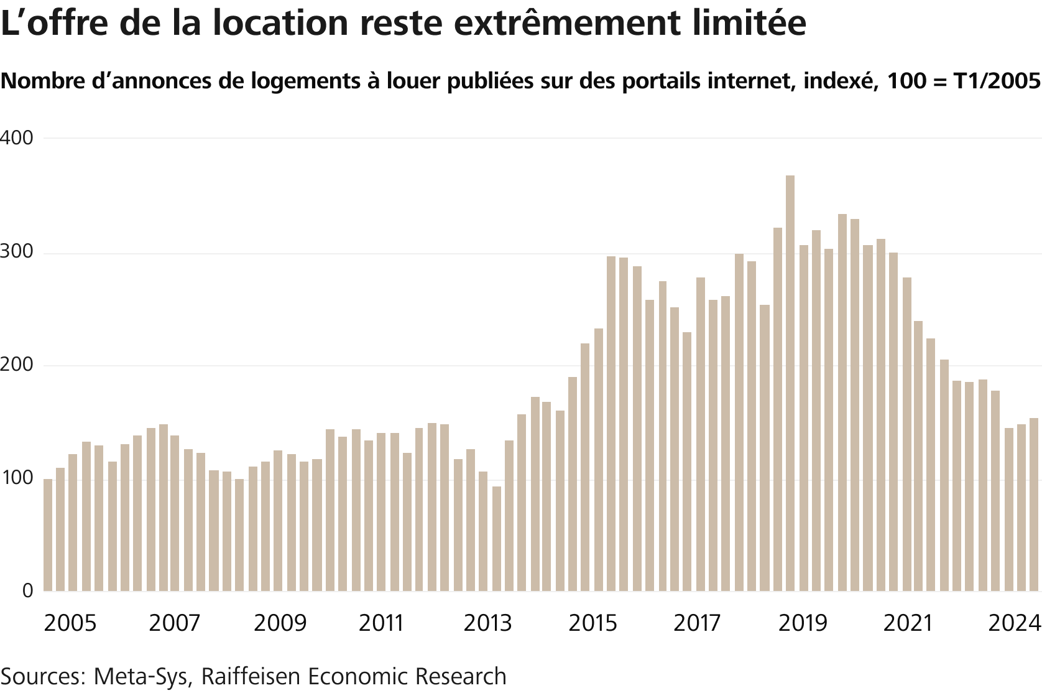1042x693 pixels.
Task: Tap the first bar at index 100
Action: coord(48,535)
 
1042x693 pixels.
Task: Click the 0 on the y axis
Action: coord(27,591)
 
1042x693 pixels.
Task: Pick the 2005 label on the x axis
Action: coord(70,623)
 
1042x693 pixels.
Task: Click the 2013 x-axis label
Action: coord(487,623)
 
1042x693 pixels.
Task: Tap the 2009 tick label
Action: coord(280,623)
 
